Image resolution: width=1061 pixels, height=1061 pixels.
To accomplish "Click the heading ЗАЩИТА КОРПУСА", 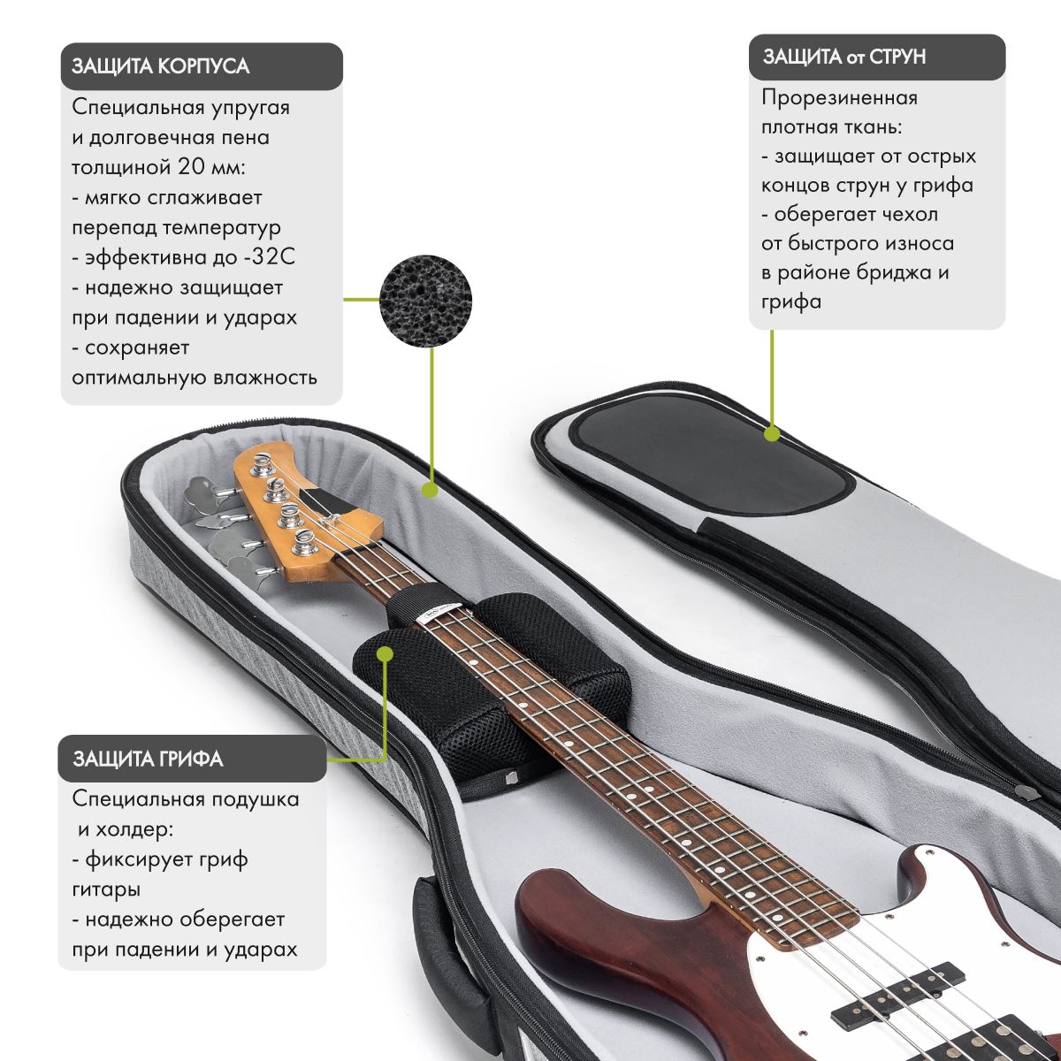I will (160, 66).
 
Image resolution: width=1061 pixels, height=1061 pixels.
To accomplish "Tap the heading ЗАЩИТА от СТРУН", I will (843, 57).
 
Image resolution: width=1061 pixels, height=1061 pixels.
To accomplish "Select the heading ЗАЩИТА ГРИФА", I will (148, 759).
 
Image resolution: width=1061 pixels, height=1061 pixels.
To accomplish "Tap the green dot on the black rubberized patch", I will (772, 434).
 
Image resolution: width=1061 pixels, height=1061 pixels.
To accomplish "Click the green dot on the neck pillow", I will (385, 654).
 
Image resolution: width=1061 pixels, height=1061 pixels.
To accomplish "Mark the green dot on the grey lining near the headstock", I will (431, 488).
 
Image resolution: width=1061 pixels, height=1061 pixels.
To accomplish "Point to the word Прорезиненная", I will (839, 97).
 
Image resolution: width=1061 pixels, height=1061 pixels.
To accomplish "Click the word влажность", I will (267, 378).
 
